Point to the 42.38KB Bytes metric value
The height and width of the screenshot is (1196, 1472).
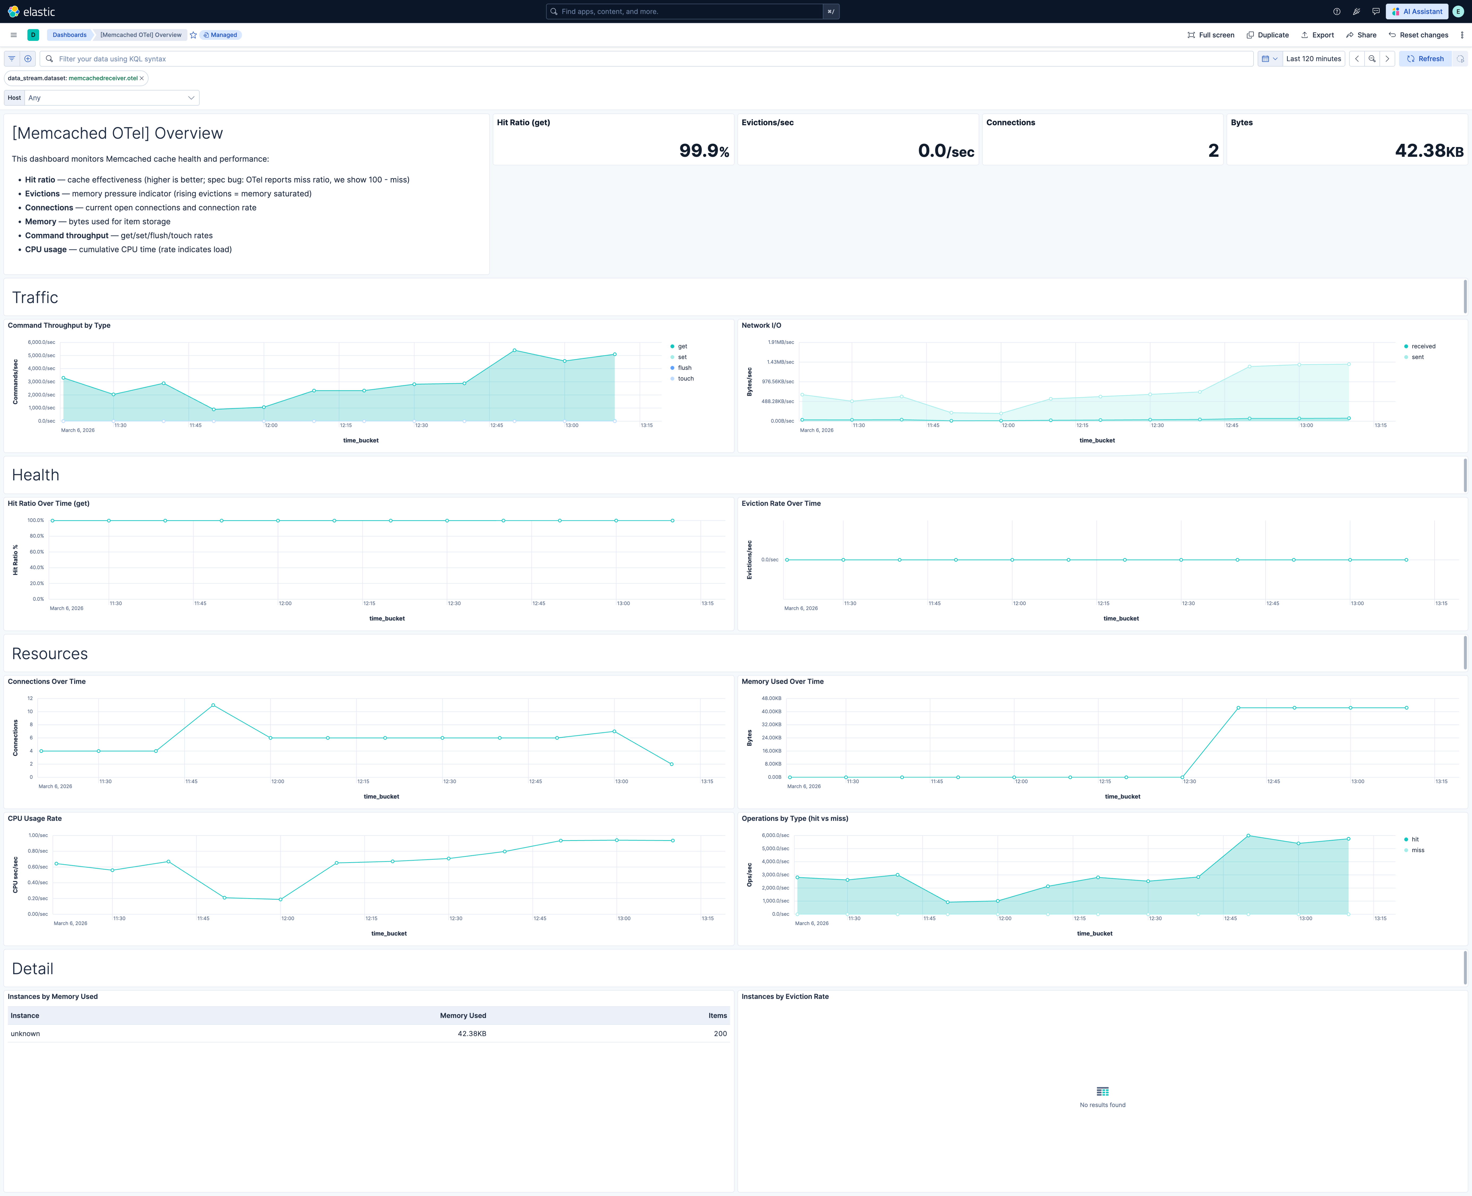pos(1428,150)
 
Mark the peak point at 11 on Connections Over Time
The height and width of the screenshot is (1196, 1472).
pos(213,705)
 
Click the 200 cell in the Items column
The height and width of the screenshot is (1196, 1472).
pos(720,1033)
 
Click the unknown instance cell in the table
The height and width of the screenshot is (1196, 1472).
pos(25,1033)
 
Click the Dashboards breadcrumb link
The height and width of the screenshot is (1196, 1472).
pos(70,35)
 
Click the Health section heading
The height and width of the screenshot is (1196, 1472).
pos(36,475)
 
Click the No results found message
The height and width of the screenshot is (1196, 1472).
pos(1102,1105)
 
